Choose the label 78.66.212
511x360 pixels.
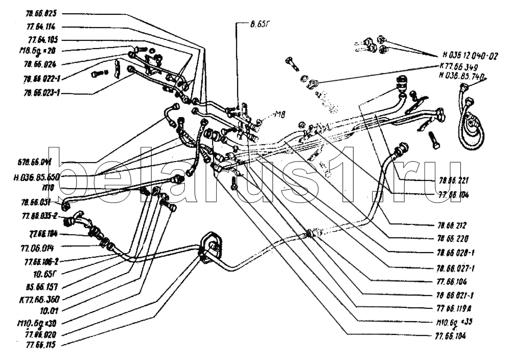(453, 224)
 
